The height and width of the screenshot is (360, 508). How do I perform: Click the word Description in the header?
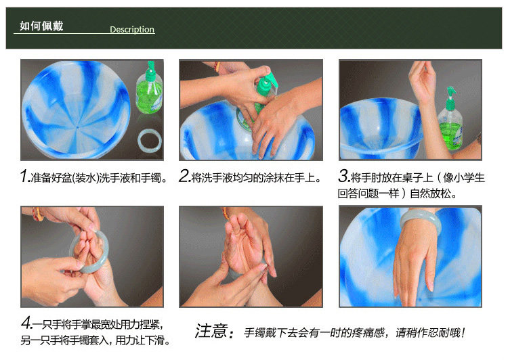tap(132, 30)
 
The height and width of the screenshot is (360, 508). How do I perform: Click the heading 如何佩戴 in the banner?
tap(41, 26)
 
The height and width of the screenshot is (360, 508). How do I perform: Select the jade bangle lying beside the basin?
tap(150, 141)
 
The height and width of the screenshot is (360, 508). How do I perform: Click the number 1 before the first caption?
tap(24, 177)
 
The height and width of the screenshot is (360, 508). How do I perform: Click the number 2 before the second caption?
tap(184, 177)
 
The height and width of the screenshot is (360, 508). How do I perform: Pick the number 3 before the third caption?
tap(343, 177)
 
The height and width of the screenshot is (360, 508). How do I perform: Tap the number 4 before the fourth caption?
tap(26, 323)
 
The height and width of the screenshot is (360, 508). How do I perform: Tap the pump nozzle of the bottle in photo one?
tap(150, 70)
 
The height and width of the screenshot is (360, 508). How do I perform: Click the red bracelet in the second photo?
tap(217, 66)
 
